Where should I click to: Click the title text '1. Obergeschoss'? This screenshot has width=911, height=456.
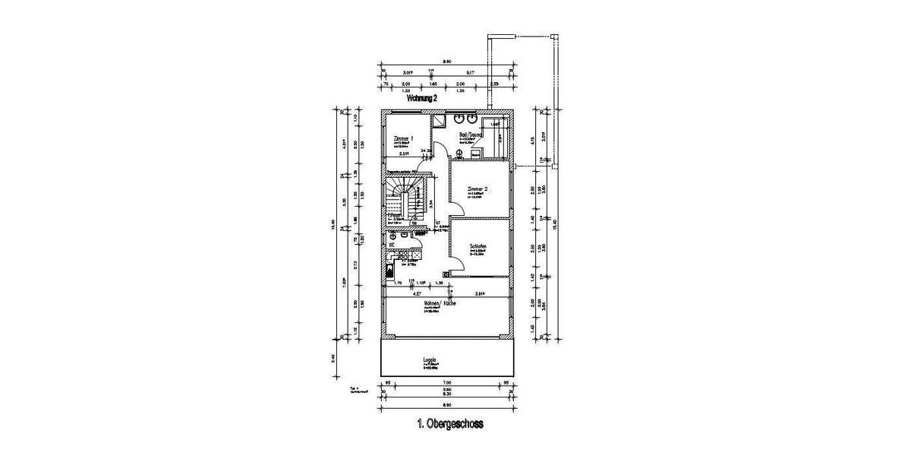(x=449, y=424)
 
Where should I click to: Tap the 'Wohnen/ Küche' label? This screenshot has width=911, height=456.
(x=440, y=302)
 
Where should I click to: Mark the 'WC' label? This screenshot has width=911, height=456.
(x=392, y=245)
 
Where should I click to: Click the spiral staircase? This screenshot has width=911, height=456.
(x=402, y=199)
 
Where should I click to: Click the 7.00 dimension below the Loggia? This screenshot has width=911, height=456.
(x=447, y=382)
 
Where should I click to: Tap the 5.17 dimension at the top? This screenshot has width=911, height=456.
(x=471, y=72)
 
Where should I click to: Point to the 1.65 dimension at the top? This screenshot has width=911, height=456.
(x=433, y=84)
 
